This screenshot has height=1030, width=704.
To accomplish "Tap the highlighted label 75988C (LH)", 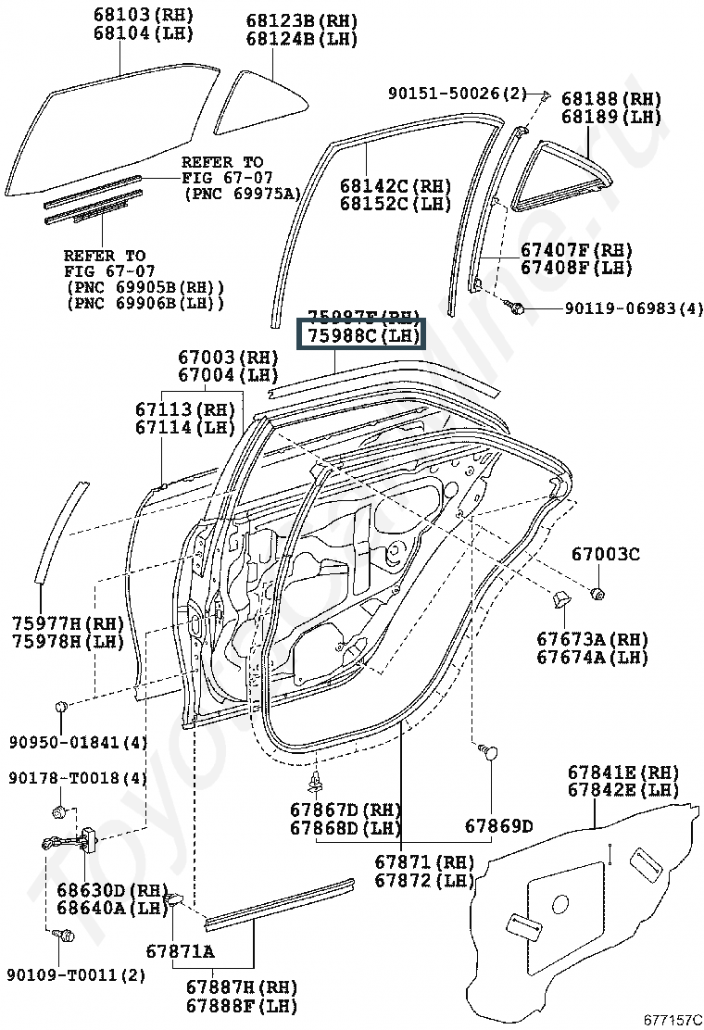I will pyautogui.click(x=360, y=335).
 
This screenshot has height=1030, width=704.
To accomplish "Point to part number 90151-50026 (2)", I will pyautogui.click(x=457, y=94).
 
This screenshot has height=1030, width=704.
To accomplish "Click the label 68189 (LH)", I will pyautogui.click(x=610, y=118).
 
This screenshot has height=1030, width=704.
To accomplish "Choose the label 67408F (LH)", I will pyautogui.click(x=575, y=268).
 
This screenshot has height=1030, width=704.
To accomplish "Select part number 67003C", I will pyautogui.click(x=605, y=555).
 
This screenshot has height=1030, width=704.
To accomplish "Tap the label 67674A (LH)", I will pyautogui.click(x=592, y=658).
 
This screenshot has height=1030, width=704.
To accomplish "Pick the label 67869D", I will pyautogui.click(x=498, y=825).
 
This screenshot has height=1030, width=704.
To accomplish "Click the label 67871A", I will pyautogui.click(x=180, y=951).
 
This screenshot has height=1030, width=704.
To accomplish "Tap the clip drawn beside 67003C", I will pyautogui.click(x=598, y=592).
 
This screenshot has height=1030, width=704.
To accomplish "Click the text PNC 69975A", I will pyautogui.click(x=243, y=194).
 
